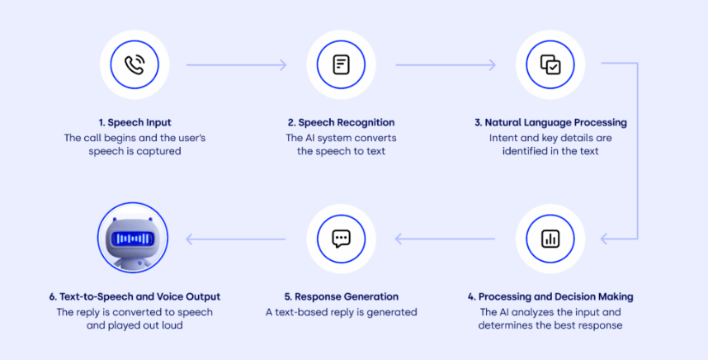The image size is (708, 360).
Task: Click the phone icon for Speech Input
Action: click(x=133, y=64)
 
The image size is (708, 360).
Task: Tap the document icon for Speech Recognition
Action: click(x=341, y=64)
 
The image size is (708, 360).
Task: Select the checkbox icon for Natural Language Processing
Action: click(x=550, y=64)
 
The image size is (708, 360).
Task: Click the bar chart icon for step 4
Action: click(x=550, y=239)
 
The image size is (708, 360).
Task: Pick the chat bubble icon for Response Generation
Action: click(x=341, y=239)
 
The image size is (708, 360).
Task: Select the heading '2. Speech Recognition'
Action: click(x=341, y=122)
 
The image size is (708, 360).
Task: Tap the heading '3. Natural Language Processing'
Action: click(x=550, y=122)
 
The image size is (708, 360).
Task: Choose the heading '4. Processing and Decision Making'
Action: click(x=550, y=296)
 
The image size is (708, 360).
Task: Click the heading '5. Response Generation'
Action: click(x=341, y=296)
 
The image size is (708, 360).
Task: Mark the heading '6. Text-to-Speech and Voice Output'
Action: click(x=135, y=296)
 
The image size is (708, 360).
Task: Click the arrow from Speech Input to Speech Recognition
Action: click(x=236, y=64)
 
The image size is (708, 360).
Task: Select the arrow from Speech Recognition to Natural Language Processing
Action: click(x=446, y=64)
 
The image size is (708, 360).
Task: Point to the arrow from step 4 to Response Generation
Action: click(x=446, y=239)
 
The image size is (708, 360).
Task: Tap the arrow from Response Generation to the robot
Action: click(x=236, y=239)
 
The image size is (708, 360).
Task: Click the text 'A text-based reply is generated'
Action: click(x=341, y=312)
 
